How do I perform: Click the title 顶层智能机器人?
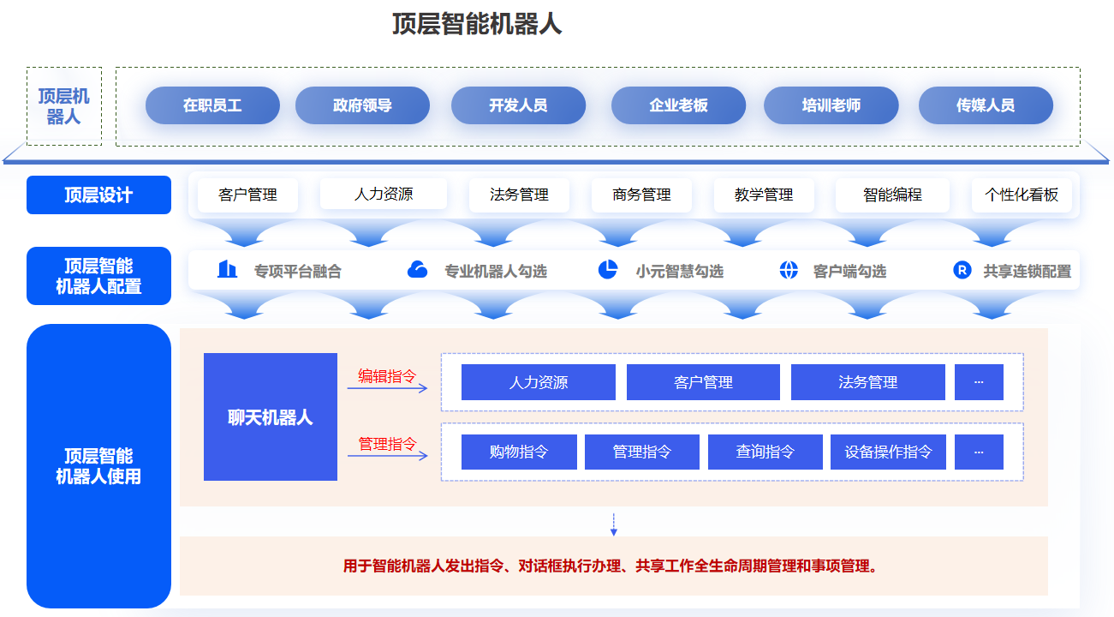point(477,24)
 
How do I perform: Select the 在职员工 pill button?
point(212,105)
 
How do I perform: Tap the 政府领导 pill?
point(362,105)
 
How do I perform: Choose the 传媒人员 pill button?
point(986,105)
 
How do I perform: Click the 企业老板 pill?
point(678,105)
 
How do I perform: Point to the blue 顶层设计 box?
point(98,195)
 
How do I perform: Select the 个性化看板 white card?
point(1022,195)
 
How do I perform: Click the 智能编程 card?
point(893,195)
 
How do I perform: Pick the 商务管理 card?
point(641,195)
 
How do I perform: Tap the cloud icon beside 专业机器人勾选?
point(417,270)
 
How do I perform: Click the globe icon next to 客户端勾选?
point(789,270)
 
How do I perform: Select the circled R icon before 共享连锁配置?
point(962,270)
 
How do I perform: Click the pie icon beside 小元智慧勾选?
point(607,270)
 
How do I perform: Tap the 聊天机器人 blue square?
point(271,417)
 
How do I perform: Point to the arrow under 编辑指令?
point(387,388)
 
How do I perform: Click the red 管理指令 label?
point(387,443)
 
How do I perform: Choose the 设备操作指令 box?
point(888,452)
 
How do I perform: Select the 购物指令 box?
point(519,452)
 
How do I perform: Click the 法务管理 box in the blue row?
point(868,382)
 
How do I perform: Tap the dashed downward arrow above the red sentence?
point(614,524)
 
